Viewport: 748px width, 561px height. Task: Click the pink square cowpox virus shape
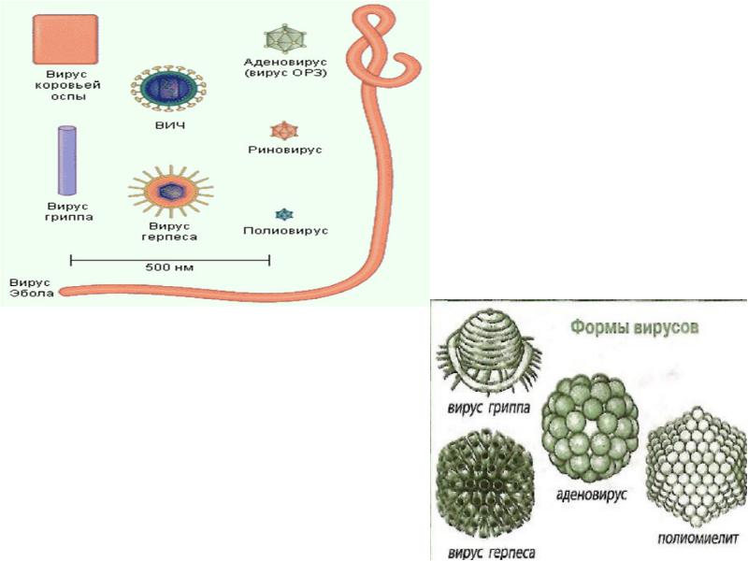[65, 39]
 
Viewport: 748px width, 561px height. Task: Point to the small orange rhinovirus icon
[281, 130]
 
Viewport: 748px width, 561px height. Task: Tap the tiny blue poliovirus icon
[279, 214]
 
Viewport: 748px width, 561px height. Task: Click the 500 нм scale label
[169, 266]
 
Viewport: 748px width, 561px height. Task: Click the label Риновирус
[280, 149]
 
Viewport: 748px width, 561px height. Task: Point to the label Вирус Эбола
[31, 286]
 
